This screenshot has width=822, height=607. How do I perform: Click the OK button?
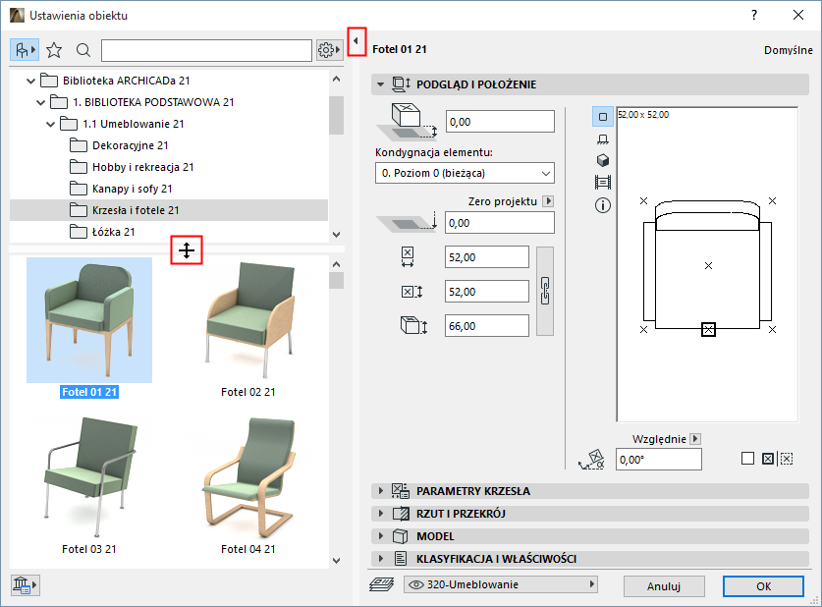[x=763, y=586]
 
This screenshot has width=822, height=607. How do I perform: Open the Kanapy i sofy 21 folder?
[x=133, y=189]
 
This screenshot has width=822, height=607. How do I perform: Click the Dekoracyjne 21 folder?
[x=130, y=145]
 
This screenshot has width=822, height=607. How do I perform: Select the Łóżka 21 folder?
[x=113, y=232]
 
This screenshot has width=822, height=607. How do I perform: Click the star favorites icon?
[x=54, y=50]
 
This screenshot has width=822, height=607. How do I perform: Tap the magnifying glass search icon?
[x=83, y=50]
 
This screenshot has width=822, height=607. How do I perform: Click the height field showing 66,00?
[x=486, y=326]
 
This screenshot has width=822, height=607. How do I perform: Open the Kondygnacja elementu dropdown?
[x=465, y=173]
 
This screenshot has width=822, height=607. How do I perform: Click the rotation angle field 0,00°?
[x=658, y=460]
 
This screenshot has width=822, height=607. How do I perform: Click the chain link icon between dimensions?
[x=545, y=291]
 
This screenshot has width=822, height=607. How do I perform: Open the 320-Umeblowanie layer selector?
[x=501, y=584]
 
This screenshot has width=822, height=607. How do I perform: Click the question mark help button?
[x=754, y=15]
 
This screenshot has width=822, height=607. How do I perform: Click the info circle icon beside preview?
[x=603, y=205]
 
